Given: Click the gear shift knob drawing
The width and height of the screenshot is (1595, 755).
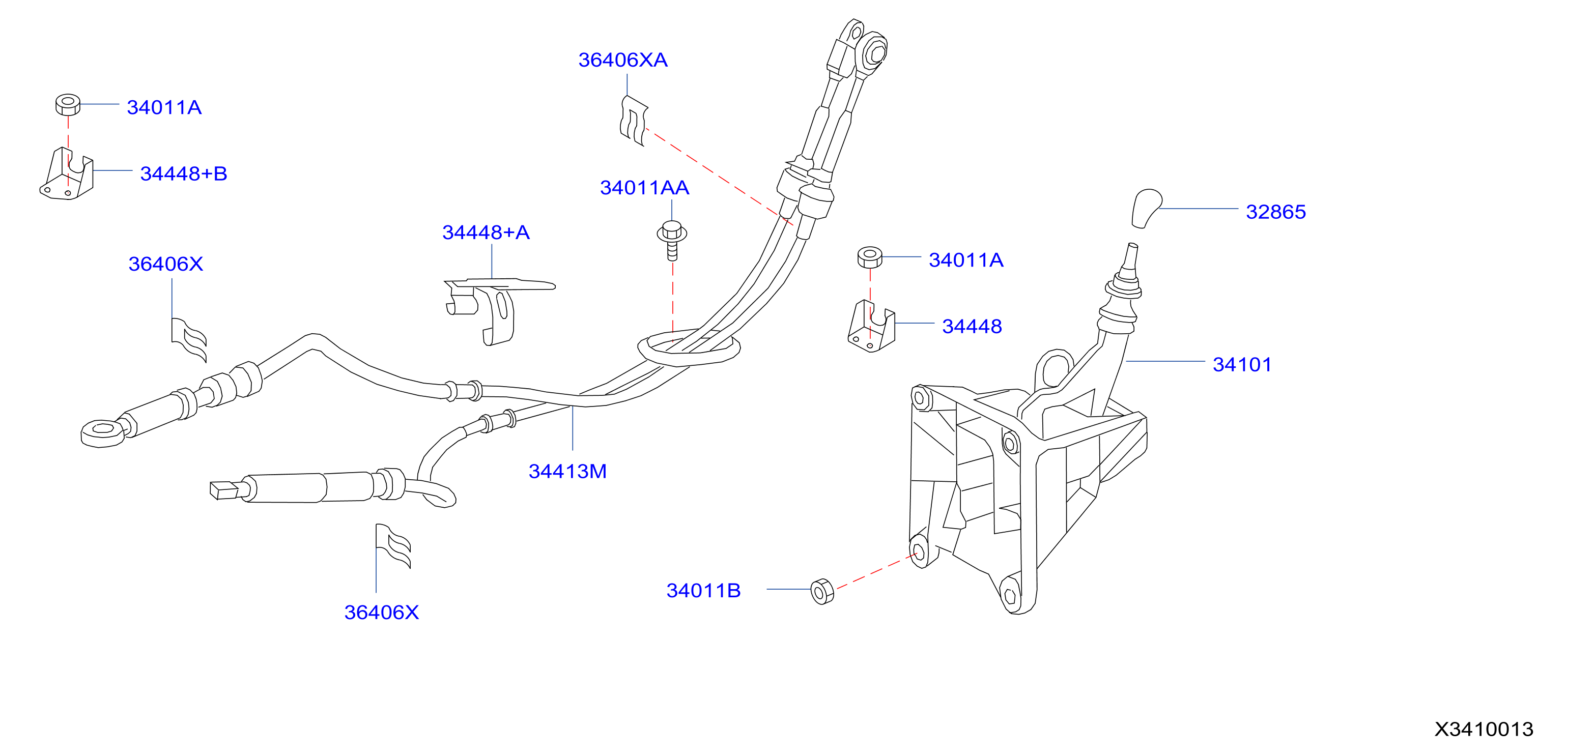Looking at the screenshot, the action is click(1146, 208).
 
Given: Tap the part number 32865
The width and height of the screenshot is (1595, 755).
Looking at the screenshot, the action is click(1275, 212).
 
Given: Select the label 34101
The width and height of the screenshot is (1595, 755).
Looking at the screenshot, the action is click(1241, 364).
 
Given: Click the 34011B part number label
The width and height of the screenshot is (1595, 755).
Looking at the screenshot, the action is click(703, 590).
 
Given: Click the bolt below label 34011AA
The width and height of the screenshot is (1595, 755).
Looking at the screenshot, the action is click(672, 240).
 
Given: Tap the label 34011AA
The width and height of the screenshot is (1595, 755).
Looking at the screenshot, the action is click(644, 188).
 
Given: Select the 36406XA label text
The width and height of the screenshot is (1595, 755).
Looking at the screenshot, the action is click(623, 60).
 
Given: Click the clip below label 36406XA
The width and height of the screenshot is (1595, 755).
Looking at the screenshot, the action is click(634, 120).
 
